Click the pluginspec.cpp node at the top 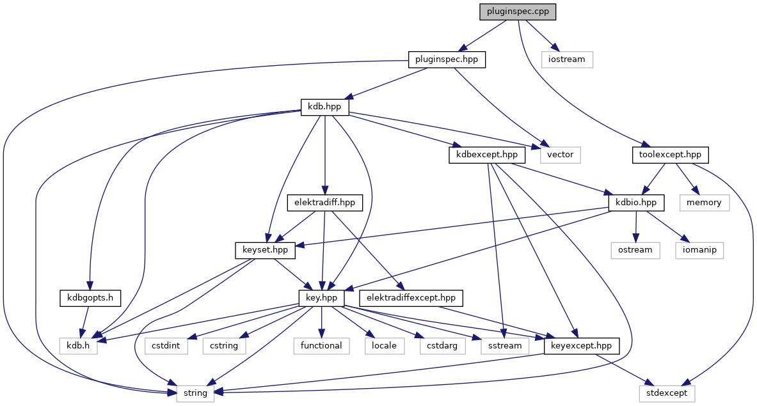518,12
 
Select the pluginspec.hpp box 447,60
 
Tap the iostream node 567,59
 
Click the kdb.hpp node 325,107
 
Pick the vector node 561,154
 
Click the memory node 704,202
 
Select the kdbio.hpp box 635,202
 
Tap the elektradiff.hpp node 325,203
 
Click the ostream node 635,250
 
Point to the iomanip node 699,250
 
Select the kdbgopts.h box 90,297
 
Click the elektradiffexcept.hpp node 411,297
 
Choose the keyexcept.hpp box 582,345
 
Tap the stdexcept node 666,393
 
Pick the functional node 321,345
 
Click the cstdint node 166,345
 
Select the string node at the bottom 195,393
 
